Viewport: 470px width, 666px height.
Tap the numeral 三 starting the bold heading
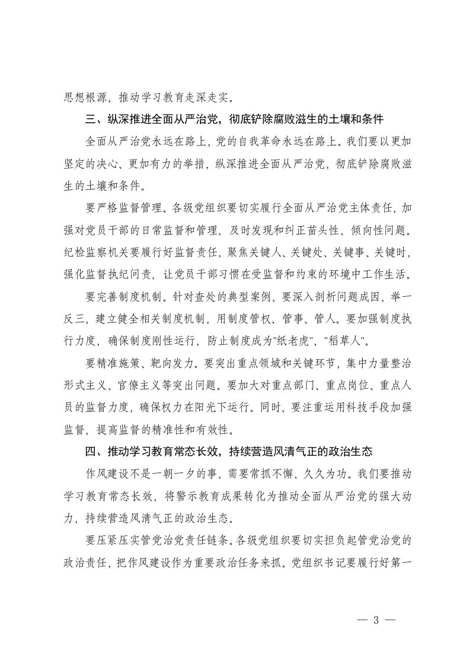[x=91, y=119]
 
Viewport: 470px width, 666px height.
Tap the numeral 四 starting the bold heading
[x=91, y=451]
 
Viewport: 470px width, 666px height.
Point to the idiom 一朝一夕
[x=196, y=473]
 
